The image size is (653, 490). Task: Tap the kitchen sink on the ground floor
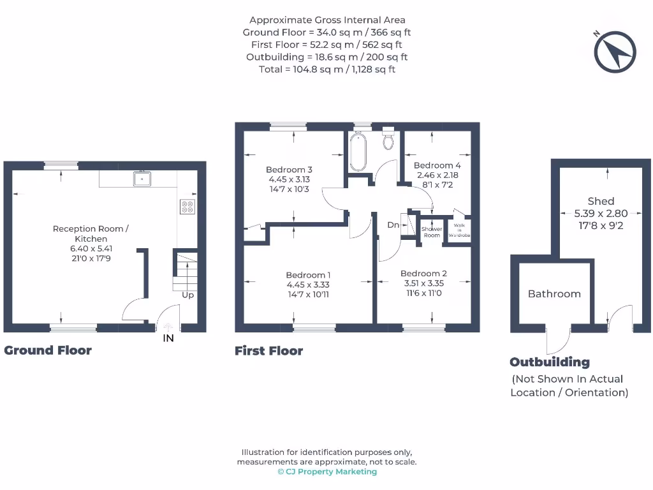141,179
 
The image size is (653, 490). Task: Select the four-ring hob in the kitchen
188,207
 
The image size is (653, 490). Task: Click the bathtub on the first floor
358,152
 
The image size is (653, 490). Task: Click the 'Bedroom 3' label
289,170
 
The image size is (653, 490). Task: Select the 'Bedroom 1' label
308,276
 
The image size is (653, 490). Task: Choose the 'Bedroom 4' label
437,166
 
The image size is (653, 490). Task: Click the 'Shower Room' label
432,232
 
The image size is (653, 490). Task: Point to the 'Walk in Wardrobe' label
459,230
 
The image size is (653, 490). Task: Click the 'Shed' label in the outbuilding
601,202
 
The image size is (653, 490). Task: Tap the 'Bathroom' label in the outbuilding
554,294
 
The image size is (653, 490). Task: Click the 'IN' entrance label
168,339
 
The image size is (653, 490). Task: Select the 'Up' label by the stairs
187,295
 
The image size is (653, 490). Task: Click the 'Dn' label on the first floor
393,225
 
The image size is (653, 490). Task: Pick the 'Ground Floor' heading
48,350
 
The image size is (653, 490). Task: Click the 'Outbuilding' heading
550,362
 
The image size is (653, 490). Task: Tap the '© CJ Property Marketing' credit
327,472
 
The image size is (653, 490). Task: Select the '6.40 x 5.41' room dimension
89,248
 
